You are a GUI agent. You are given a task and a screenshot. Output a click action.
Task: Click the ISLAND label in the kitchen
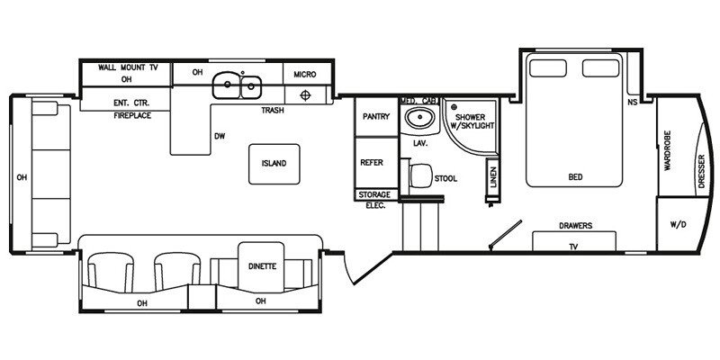tap(274, 164)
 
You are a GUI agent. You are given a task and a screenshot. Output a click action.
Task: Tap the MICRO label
tap(305, 75)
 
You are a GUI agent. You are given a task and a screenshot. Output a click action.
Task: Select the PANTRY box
tap(376, 117)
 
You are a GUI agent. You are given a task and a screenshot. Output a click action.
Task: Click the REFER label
tap(372, 163)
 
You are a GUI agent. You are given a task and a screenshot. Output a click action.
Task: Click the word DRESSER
tap(701, 171)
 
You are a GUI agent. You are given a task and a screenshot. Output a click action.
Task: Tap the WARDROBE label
tap(668, 150)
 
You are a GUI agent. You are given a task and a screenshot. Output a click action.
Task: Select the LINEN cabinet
tap(493, 176)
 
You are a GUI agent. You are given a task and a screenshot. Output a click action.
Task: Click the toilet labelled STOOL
tap(419, 175)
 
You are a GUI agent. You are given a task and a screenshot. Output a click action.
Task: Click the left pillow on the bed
tap(547, 68)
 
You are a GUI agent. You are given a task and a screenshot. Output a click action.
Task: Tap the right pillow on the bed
tap(601, 68)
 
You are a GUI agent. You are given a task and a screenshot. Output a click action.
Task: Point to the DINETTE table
tap(261, 266)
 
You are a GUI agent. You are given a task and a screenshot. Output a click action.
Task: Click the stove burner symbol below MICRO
tap(305, 95)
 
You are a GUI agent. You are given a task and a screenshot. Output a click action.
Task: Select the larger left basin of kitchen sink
tap(227, 85)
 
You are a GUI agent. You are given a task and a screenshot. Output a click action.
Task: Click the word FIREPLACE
tap(132, 116)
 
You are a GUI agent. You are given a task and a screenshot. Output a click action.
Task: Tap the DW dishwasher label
tap(220, 136)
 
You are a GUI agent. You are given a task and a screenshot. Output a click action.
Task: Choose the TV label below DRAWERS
tap(573, 247)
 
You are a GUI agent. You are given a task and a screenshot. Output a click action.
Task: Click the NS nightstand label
tap(633, 102)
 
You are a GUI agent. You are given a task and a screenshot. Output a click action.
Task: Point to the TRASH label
tap(273, 110)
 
